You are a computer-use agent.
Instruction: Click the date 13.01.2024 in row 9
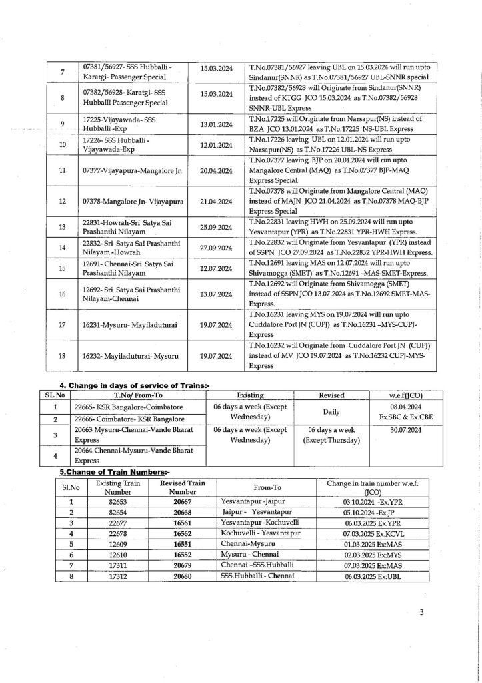point(216,124)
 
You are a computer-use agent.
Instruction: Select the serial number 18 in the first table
point(62,355)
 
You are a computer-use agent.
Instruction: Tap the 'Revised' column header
point(331,395)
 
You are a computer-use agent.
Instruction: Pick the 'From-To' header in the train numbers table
point(270,487)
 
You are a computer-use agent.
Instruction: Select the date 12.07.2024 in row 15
point(216,268)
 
